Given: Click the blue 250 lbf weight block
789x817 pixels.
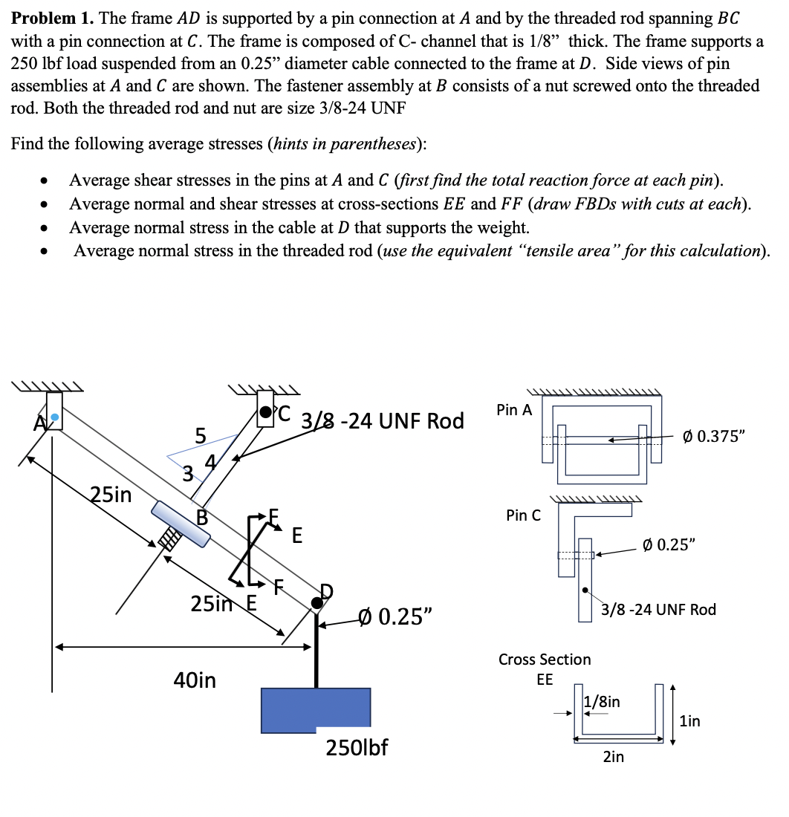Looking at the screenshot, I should click(316, 709).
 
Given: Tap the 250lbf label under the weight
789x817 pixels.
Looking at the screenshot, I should click(357, 746).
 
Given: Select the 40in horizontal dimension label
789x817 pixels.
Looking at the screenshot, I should click(194, 679).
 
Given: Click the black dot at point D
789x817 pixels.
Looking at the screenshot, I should click(317, 602).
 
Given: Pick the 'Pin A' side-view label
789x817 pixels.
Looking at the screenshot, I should click(514, 409).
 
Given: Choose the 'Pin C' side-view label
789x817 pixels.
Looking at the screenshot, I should click(523, 515).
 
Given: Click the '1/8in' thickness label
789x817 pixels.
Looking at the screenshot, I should click(604, 701).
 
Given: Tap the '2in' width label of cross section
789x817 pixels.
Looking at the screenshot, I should click(614, 757).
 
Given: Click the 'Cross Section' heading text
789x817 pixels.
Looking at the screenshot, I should click(545, 660).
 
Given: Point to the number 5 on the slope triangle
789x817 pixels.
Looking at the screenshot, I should click(199, 434).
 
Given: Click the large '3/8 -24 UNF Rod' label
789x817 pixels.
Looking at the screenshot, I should click(383, 421).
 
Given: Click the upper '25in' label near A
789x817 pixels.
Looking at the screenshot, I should click(111, 493).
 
